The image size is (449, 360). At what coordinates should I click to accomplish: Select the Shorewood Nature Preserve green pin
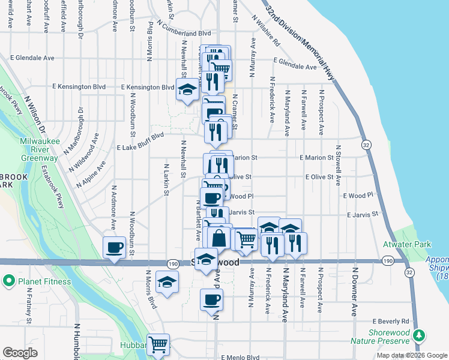pyautogui.click(x=422, y=334)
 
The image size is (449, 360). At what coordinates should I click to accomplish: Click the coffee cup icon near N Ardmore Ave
pyautogui.click(x=114, y=247)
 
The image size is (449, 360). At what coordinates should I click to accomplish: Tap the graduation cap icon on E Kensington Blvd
pyautogui.click(x=187, y=90)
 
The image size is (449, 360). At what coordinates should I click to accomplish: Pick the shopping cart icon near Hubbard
pyautogui.click(x=158, y=344)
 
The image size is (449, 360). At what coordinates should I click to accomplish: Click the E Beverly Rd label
pyautogui.click(x=390, y=321)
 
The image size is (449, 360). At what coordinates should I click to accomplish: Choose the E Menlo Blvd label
pyautogui.click(x=240, y=357)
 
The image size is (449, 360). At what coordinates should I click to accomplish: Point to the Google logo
pyautogui.click(x=20, y=353)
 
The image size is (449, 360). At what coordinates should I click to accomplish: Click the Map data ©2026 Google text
pyautogui.click(x=412, y=355)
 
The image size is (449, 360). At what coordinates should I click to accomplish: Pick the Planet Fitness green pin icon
pyautogui.click(x=10, y=280)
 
